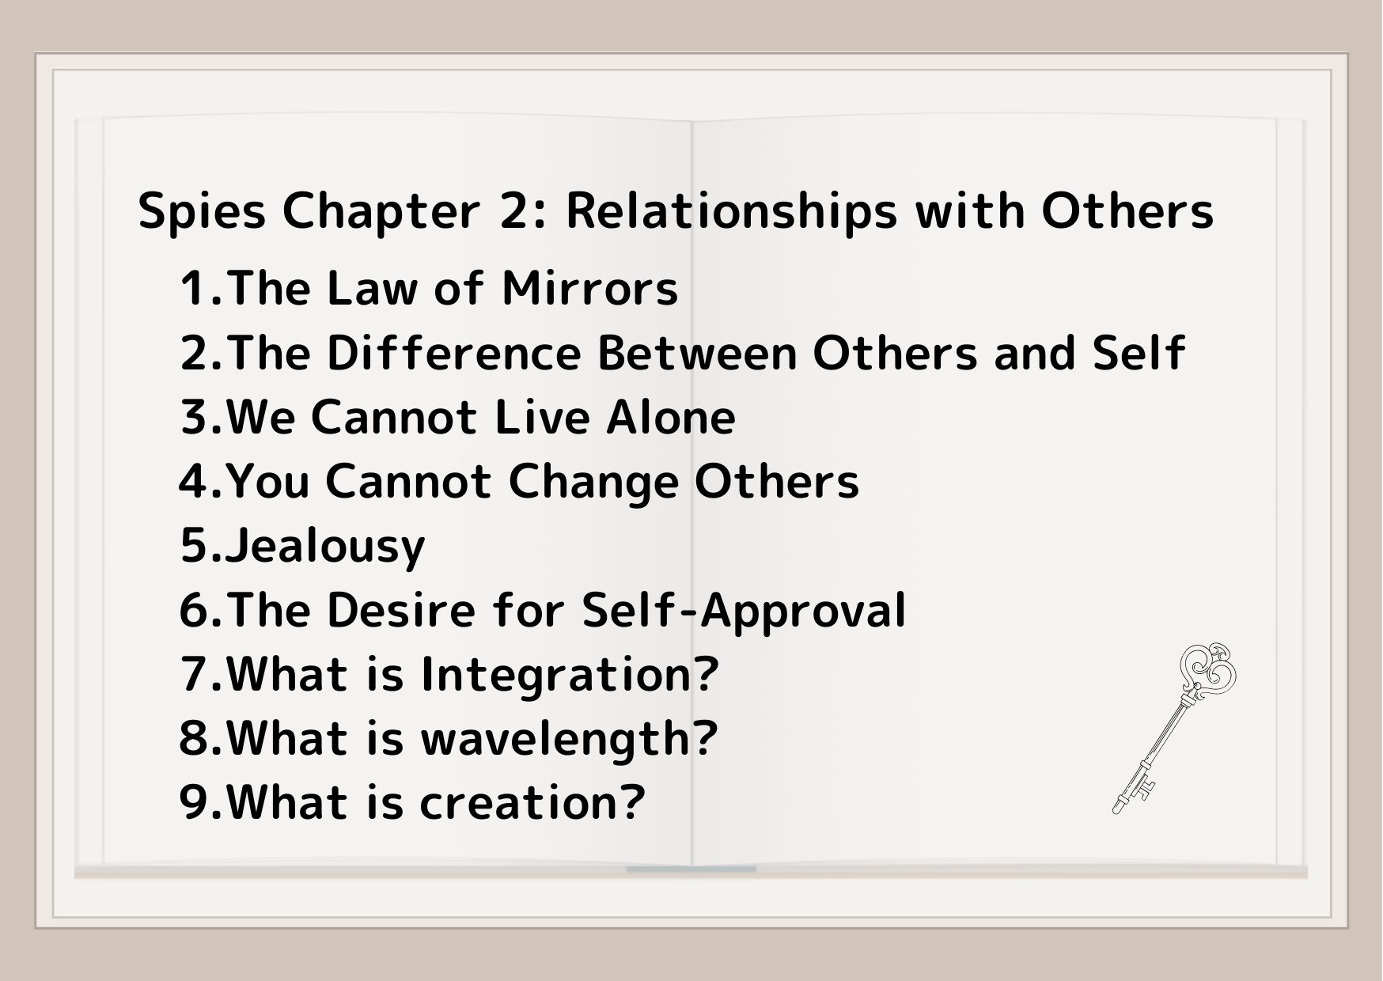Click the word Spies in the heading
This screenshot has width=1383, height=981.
pos(202,212)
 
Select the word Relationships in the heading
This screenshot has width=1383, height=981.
pos(732,212)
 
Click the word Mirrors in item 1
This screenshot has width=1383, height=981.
pos(589,288)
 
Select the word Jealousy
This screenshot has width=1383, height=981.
pos(325,547)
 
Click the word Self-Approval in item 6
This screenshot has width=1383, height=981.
pos(743,611)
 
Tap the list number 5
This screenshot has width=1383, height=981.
pos(195,546)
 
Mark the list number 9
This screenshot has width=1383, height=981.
pos(195,803)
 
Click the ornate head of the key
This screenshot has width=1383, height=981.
pos(1207,669)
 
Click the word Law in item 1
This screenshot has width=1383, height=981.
pos(371,288)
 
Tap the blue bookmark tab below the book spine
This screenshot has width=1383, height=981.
pos(691,869)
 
